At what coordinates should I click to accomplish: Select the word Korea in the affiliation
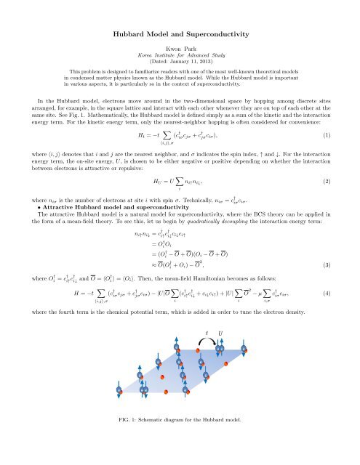[145, 54]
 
